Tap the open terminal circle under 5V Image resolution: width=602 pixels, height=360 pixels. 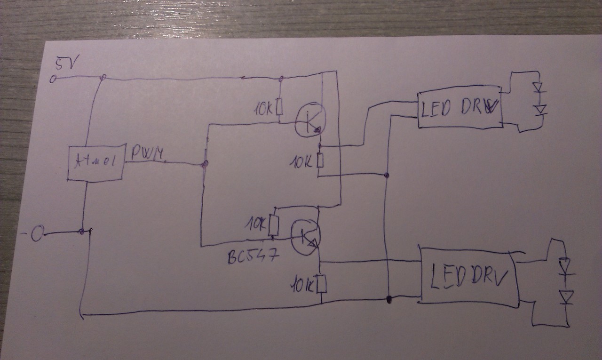point(53,80)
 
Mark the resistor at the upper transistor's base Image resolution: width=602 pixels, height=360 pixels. point(279,107)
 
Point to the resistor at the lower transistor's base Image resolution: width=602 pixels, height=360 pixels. point(274,225)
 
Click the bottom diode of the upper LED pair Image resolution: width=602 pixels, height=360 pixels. point(540,110)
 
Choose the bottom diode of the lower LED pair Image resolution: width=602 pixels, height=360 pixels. point(565,297)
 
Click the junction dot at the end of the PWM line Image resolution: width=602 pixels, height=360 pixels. point(205,164)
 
